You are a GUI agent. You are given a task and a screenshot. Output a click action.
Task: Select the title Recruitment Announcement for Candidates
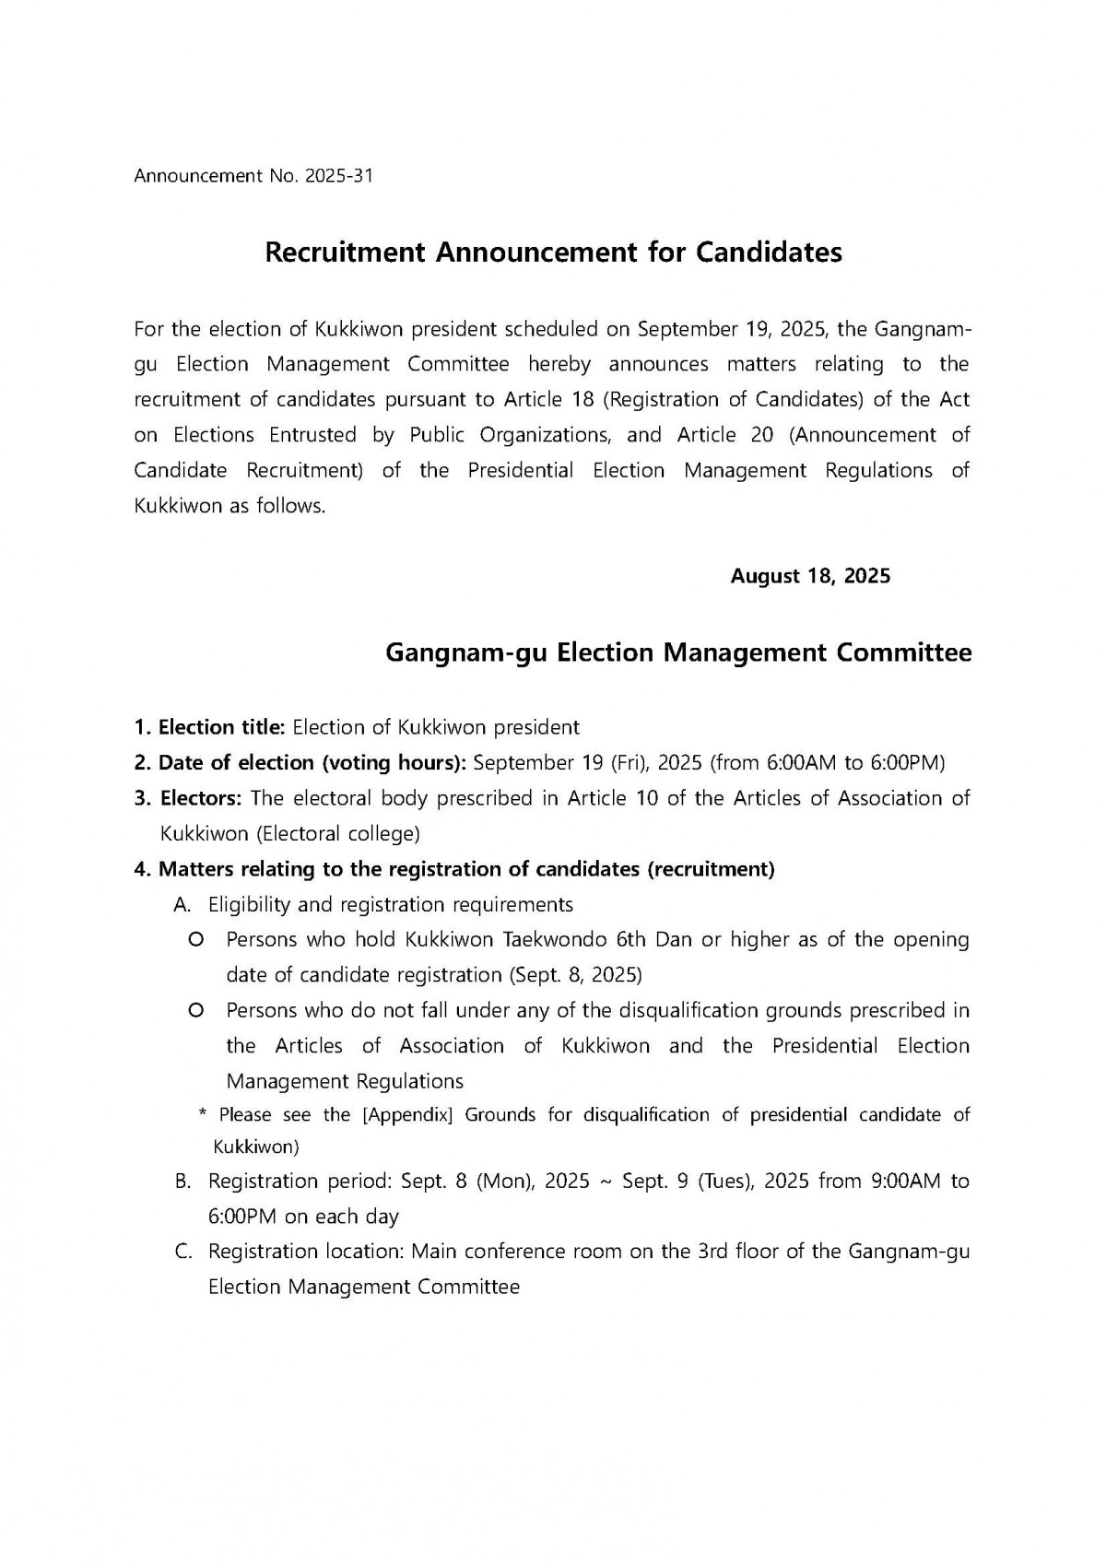553,253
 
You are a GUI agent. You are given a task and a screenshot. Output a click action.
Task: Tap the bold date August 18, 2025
810,576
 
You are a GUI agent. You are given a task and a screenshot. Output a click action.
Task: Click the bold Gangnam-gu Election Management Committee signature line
677,653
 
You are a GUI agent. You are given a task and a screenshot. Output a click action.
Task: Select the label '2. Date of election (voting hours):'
300,763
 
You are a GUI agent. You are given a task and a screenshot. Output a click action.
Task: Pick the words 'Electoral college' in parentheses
338,834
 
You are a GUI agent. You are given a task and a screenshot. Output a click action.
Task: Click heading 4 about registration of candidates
453,869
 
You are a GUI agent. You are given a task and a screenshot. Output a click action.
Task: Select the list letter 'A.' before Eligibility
182,905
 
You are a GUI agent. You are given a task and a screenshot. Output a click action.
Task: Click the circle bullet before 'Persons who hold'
195,940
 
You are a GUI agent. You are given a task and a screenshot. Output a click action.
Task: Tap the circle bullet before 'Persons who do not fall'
195,1011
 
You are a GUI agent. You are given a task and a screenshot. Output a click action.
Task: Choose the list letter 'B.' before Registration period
182,1182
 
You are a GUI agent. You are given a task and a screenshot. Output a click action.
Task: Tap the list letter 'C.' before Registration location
182,1252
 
